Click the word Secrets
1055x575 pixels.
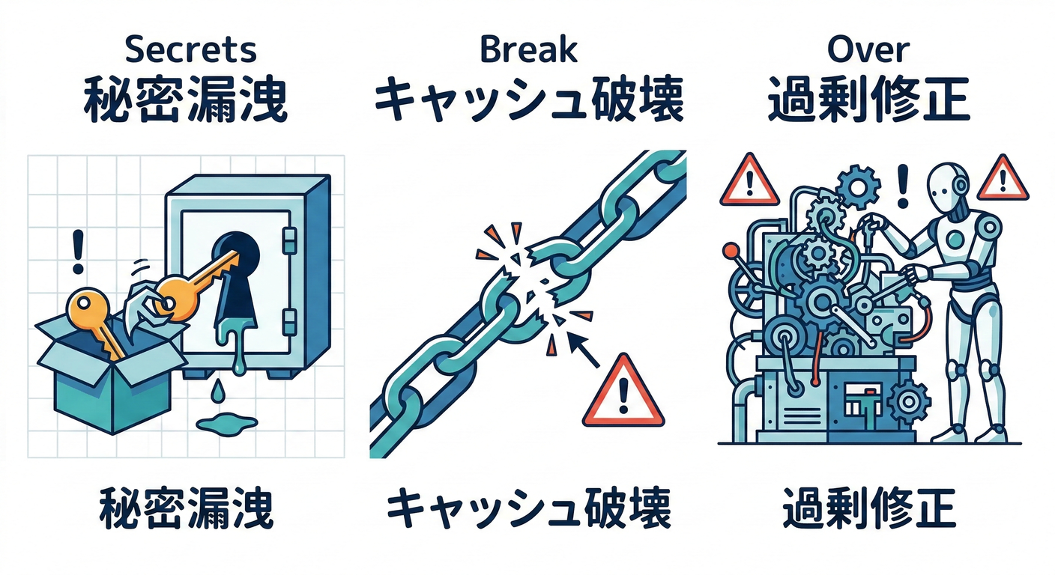pyautogui.click(x=190, y=49)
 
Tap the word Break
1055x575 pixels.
pyautogui.click(x=528, y=49)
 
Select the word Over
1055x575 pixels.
pyautogui.click(x=868, y=49)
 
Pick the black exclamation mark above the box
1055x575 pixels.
pyautogui.click(x=75, y=251)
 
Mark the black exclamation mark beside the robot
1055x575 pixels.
pyautogui.click(x=903, y=187)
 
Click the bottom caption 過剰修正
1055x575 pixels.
pyautogui.click(x=868, y=511)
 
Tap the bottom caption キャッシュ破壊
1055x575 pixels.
pyautogui.click(x=528, y=511)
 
